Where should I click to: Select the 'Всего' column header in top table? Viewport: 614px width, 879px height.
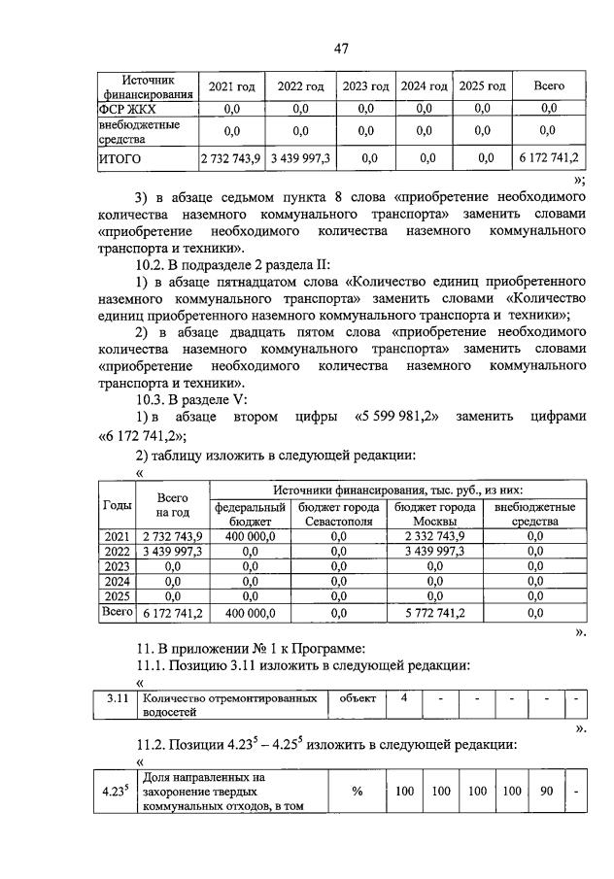coord(549,86)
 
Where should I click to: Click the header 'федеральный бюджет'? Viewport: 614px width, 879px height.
coord(251,514)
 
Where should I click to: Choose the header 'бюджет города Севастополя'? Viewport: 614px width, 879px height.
coord(338,514)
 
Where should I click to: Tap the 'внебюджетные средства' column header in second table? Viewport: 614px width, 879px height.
coord(534,514)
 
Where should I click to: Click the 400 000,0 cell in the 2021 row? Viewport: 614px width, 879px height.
coord(251,535)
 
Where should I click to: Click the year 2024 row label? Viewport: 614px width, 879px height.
coord(117,581)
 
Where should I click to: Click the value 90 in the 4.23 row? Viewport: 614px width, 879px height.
coord(546,792)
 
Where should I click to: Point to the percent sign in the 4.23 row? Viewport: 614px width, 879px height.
coord(357,792)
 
